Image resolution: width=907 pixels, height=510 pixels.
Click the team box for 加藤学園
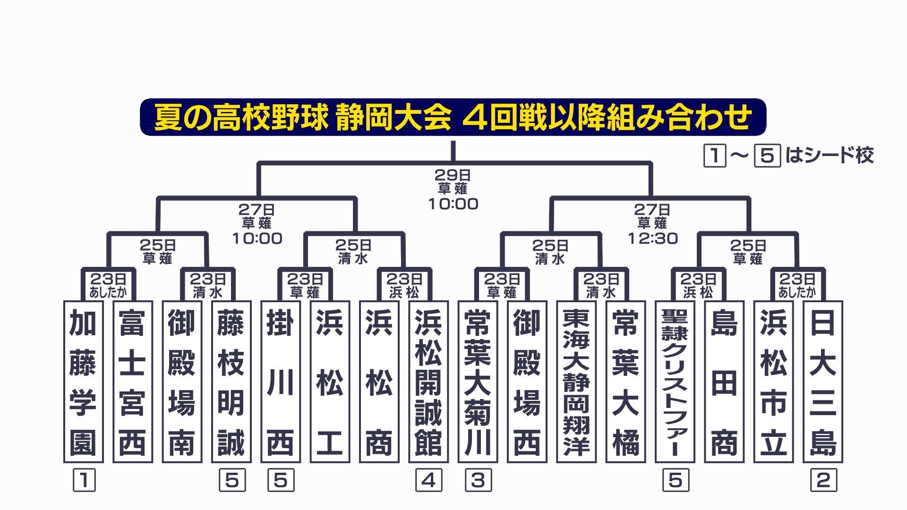point(83,382)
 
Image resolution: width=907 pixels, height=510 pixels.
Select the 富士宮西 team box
point(133,382)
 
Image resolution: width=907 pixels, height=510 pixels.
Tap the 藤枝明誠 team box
point(231,382)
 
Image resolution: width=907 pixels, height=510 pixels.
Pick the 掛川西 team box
point(281,382)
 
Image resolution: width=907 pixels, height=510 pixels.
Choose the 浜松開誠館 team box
point(428,382)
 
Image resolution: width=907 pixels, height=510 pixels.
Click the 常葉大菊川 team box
point(478,382)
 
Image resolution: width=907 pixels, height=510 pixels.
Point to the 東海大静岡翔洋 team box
point(576,382)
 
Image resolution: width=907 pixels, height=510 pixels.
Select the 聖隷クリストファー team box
point(675,382)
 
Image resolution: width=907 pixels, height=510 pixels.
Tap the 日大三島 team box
point(823,382)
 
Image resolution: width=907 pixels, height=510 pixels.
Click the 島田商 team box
point(724,382)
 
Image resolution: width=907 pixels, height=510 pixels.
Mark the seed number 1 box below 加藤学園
point(84,480)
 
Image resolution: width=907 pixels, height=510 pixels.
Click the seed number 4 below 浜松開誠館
point(428,480)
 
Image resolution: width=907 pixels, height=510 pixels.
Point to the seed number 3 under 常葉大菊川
point(478,480)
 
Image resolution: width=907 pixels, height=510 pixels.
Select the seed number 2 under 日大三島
point(823,480)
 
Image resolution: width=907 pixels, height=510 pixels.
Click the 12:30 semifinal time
point(652,238)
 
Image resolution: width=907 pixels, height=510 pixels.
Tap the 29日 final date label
point(453,175)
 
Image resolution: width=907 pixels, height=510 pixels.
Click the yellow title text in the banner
point(453,117)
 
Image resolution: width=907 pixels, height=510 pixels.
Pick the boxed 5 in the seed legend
point(767,155)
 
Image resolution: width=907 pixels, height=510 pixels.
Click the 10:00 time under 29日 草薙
point(453,204)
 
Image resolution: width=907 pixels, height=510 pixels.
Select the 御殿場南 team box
point(182,382)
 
